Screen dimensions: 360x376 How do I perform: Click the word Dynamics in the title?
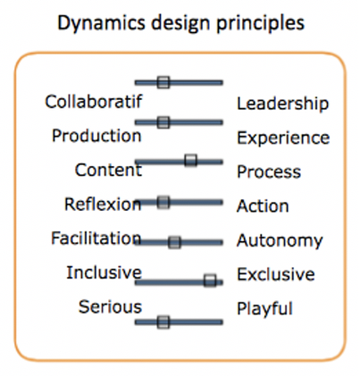101,23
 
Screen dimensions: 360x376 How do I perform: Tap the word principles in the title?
260,23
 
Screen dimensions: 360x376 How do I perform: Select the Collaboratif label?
94,102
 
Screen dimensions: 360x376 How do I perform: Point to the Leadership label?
283,104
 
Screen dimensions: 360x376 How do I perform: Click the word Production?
96,136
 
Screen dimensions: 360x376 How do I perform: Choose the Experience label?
283,138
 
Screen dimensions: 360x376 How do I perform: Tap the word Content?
108,170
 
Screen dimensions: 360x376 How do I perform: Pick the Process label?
269,172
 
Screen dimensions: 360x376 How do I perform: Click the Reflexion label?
103,205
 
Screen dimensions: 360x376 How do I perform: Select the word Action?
263,206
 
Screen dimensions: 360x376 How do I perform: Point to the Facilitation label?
96,238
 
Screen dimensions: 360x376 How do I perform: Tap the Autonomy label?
280,240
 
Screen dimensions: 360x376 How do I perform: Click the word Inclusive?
104,272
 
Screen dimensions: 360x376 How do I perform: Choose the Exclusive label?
276,274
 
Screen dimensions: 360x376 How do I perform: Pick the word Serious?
110,306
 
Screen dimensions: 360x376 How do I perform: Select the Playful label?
264,309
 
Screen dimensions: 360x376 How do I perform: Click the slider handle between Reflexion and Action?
163,202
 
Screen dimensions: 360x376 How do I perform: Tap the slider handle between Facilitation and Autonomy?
174,242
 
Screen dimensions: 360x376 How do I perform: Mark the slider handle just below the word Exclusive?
210,280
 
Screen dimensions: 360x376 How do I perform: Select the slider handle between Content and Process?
190,160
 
